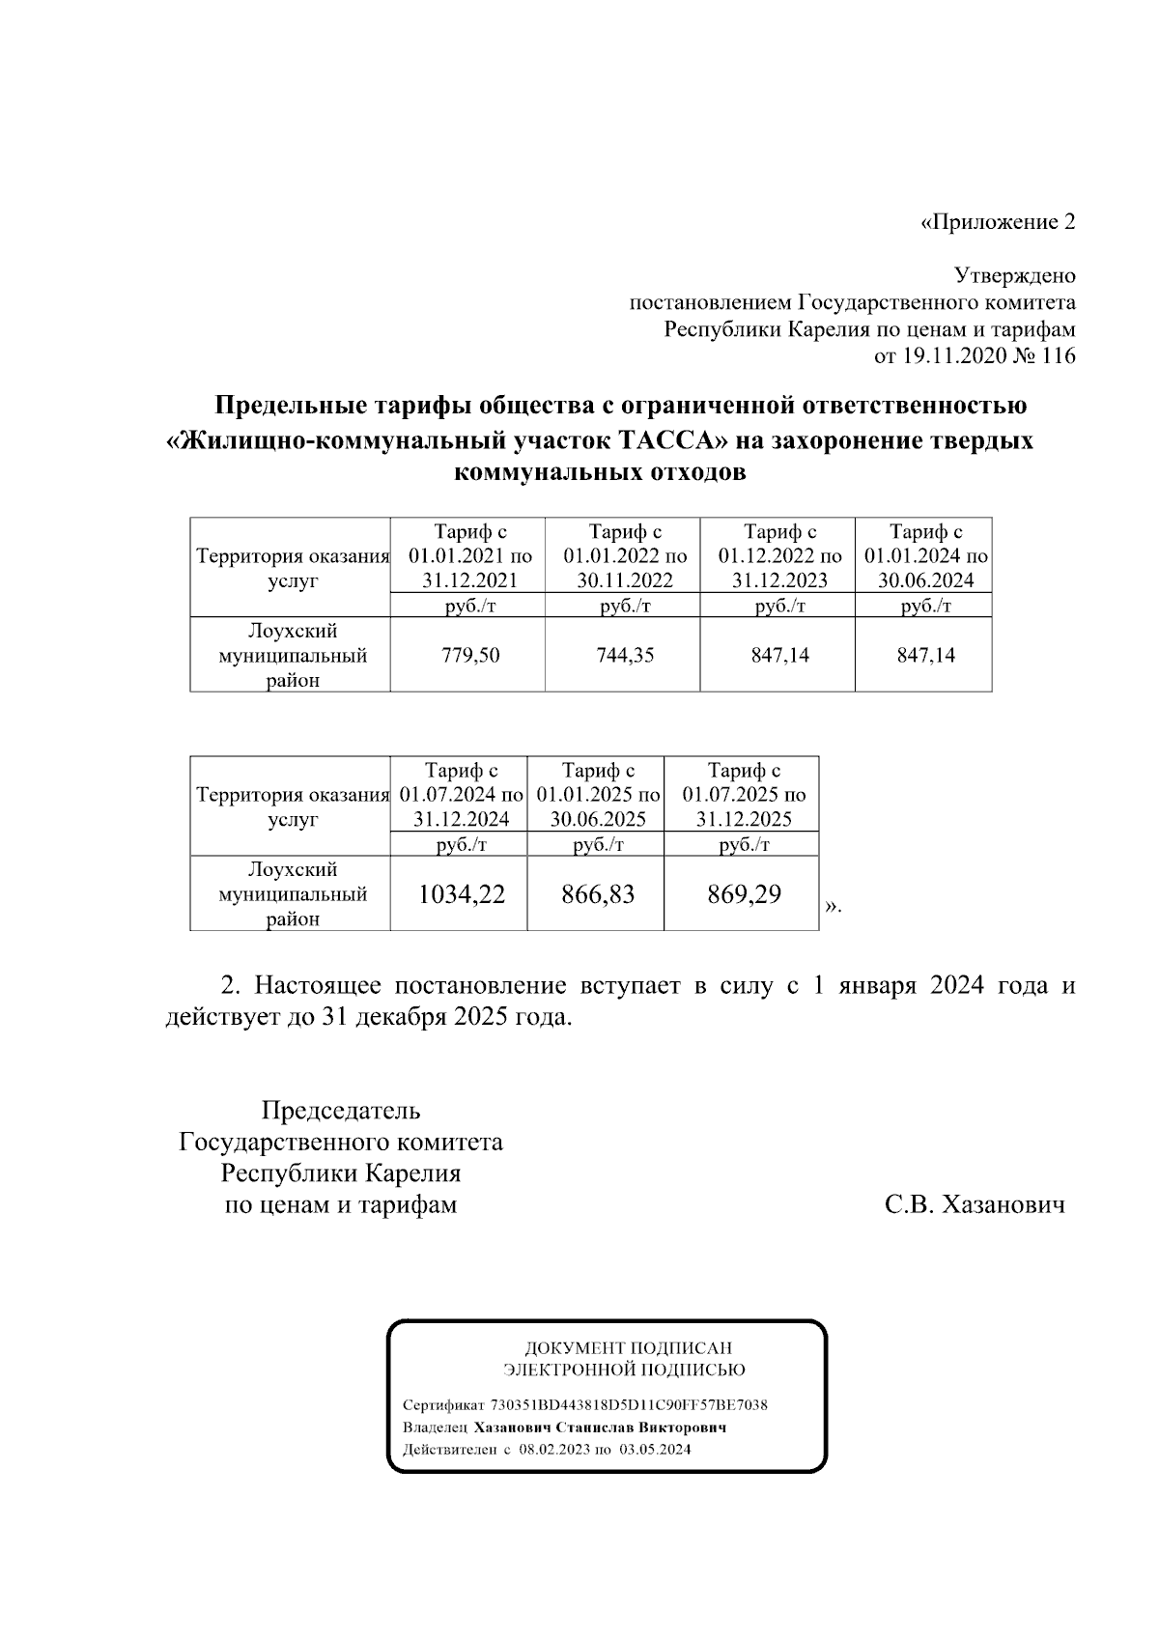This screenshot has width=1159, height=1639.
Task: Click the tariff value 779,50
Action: pos(470,656)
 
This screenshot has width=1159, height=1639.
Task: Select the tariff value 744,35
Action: pos(624,656)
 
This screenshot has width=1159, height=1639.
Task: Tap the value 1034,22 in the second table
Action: pos(461,894)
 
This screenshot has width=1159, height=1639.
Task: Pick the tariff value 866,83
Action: pos(598,894)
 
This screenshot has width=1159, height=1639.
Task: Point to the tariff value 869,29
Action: pos(744,894)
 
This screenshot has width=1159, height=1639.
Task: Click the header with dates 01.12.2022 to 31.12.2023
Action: pos(779,556)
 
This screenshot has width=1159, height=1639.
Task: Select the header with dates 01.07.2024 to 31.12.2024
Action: pos(461,795)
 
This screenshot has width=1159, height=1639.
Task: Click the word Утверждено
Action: pos(1014,276)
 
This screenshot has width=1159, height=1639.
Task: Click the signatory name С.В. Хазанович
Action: pos(975,1205)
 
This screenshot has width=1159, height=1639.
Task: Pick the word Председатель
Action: pos(341,1111)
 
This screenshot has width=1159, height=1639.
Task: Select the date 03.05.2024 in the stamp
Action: pos(656,1450)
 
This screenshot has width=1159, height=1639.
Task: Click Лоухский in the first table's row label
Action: pos(293,631)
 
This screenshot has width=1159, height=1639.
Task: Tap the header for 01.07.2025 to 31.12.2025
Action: pos(744,795)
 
